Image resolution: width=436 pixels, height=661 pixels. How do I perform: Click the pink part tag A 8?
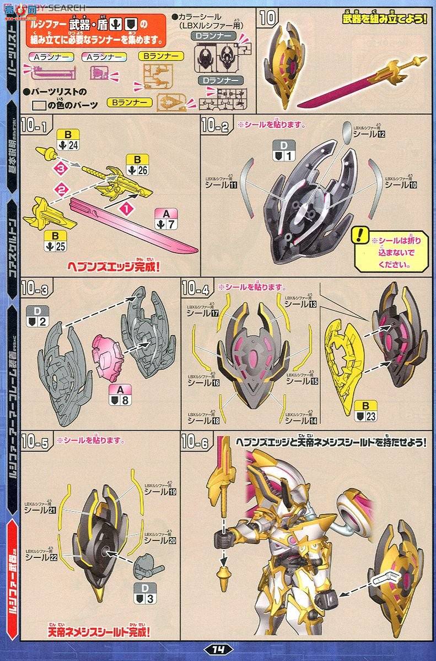coord(119,395)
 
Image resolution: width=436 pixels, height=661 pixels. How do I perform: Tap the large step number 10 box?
coord(268,18)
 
